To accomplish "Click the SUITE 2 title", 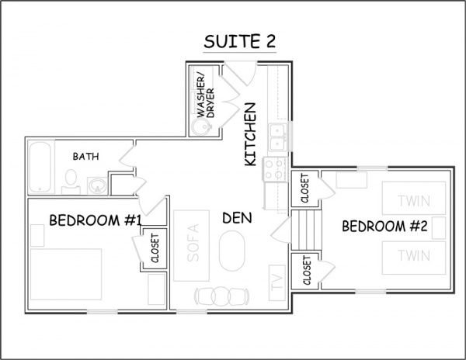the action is click(239, 41).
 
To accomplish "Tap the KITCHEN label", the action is click(250, 134).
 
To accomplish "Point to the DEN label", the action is click(237, 218).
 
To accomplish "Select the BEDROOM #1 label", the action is click(95, 220).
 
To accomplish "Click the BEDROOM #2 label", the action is click(384, 226).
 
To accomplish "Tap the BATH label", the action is click(86, 157).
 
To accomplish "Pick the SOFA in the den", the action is click(191, 245).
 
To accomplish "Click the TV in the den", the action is click(277, 282).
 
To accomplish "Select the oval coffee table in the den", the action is click(232, 251).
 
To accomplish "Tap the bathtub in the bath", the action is click(40, 167).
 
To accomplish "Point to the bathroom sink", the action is click(97, 185).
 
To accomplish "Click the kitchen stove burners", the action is click(274, 169).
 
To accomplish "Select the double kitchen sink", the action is click(278, 137).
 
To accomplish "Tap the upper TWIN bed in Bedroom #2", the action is click(414, 198).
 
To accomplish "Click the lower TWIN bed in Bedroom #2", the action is click(414, 258).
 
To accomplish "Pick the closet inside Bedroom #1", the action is click(155, 248).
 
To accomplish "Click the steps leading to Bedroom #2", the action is click(307, 230).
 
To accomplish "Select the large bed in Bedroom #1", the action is click(66, 274).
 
